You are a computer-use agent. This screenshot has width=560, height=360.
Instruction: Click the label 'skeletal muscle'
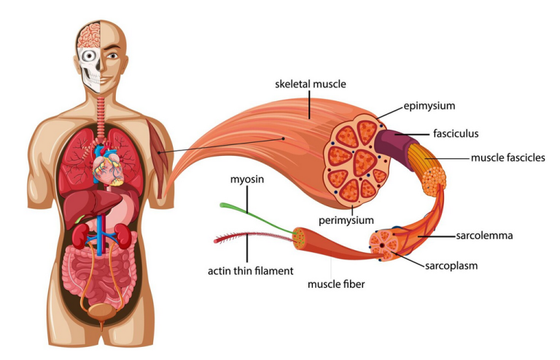pyautogui.click(x=311, y=85)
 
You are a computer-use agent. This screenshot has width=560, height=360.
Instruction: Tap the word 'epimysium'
pyautogui.click(x=429, y=106)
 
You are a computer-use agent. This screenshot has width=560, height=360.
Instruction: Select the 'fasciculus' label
pyautogui.click(x=456, y=134)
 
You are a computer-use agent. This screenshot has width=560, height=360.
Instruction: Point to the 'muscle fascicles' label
pyautogui.click(x=507, y=157)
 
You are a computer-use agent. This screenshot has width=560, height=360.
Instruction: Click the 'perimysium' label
pyautogui.click(x=346, y=221)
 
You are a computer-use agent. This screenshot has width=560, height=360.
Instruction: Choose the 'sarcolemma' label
pyautogui.click(x=484, y=235)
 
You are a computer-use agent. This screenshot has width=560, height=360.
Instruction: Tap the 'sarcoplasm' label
pyautogui.click(x=451, y=266)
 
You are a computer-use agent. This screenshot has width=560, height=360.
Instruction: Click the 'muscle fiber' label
pyautogui.click(x=336, y=284)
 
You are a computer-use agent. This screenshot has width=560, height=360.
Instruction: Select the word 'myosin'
pyautogui.click(x=246, y=179)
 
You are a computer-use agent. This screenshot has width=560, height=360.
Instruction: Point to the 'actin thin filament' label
pyautogui.click(x=250, y=271)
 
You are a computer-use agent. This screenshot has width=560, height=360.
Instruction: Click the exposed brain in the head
pyautogui.click(x=88, y=35)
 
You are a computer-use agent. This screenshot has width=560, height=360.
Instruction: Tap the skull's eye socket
pyautogui.click(x=87, y=55)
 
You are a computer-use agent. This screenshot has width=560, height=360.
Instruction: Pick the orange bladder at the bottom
pyautogui.click(x=102, y=312)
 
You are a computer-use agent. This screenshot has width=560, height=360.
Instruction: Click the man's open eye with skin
pyautogui.click(x=113, y=55)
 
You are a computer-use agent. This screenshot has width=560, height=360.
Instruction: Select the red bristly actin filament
pyautogui.click(x=253, y=237)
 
